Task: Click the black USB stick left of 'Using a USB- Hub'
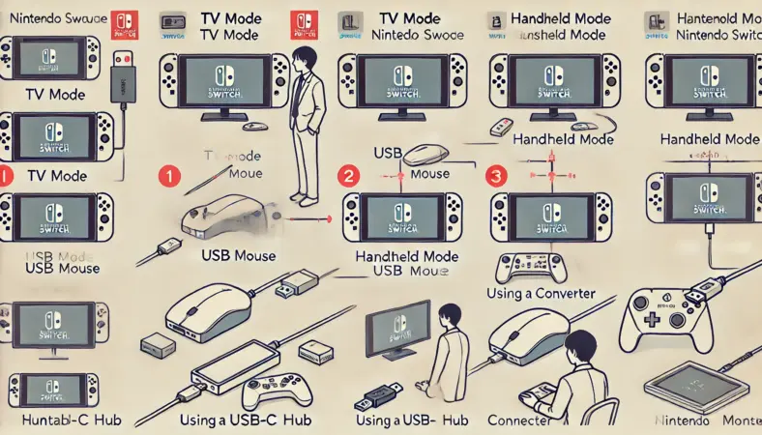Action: click(378, 397)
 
